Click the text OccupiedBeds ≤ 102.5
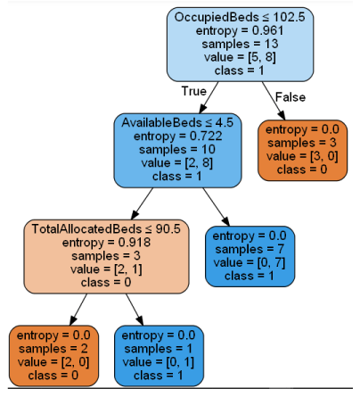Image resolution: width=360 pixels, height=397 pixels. click(x=240, y=17)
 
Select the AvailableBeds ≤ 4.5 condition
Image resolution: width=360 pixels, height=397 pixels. click(x=177, y=122)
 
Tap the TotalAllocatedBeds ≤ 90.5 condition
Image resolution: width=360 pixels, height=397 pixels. click(x=106, y=228)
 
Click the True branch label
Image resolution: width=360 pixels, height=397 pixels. click(x=193, y=91)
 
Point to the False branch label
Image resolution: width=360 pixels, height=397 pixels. click(x=290, y=97)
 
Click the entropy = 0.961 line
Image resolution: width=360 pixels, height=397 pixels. click(x=240, y=30)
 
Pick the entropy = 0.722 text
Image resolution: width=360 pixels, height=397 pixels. click(x=177, y=136)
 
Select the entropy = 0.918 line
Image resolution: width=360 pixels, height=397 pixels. click(x=106, y=243)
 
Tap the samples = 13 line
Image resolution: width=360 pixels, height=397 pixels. click(x=240, y=44)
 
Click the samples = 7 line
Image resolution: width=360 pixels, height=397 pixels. click(x=250, y=249)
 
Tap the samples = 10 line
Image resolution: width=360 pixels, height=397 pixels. click(x=177, y=149)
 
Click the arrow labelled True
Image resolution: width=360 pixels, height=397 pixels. click(x=209, y=97)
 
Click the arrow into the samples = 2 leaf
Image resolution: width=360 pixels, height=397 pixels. click(x=78, y=310)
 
